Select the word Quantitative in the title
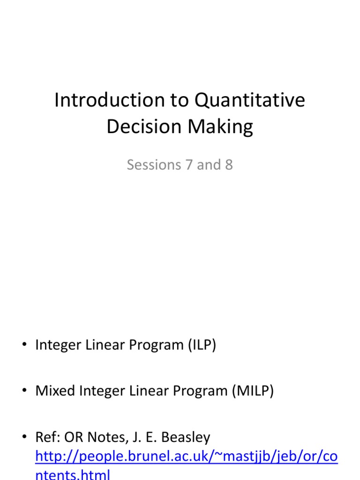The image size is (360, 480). pos(250,101)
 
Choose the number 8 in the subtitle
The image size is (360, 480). pos(228,165)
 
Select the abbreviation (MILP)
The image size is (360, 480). pos(252,391)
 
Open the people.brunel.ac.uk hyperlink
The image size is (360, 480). pos(186,457)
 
